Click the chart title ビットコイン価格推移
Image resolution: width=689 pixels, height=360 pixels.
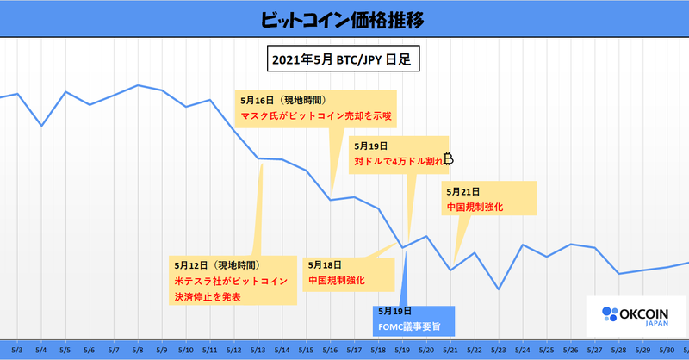click(x=344, y=18)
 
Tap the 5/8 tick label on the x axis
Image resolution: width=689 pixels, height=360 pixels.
click(x=138, y=351)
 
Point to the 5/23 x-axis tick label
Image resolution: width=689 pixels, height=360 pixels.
click(x=499, y=351)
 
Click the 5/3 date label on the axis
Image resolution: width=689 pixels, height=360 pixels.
click(x=17, y=351)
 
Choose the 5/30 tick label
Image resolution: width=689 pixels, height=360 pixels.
click(x=667, y=351)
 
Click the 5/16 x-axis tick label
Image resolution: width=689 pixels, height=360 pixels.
click(x=330, y=351)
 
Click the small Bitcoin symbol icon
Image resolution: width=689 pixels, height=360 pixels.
click(x=448, y=159)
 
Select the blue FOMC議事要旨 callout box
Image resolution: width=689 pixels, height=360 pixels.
click(x=412, y=319)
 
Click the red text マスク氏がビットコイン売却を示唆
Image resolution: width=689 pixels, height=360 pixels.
click(x=316, y=115)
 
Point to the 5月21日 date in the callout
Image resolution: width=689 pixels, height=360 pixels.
click(x=463, y=191)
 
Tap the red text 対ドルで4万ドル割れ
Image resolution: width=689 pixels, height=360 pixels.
click(x=398, y=160)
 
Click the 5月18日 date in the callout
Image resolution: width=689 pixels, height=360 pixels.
click(x=325, y=264)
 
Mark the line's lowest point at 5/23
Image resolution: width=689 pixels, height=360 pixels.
click(x=499, y=289)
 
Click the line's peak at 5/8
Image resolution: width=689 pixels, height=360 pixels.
click(x=138, y=85)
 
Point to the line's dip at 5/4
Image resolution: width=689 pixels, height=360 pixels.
click(x=41, y=126)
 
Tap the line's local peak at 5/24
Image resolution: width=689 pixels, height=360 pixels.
click(x=523, y=245)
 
